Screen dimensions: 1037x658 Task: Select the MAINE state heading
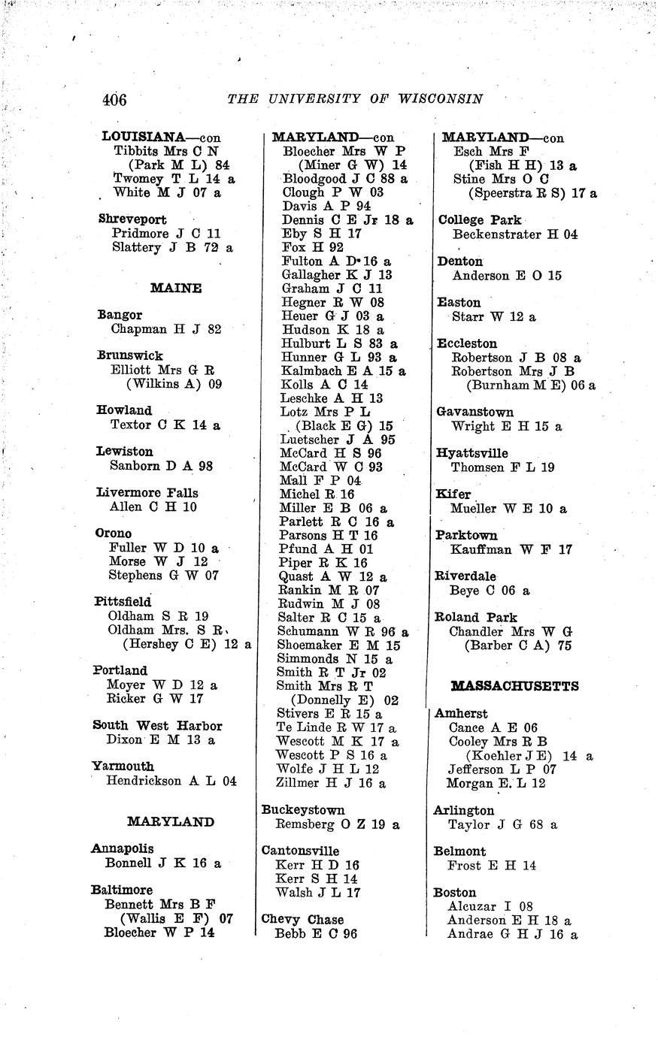(x=176, y=288)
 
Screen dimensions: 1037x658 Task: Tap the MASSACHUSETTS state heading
(x=514, y=686)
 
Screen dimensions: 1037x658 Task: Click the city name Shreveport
(x=132, y=219)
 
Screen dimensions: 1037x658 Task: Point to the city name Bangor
(x=120, y=315)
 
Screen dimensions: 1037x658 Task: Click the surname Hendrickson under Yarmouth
(x=144, y=781)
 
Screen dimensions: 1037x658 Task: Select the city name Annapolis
(x=122, y=849)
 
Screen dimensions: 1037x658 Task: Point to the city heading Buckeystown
(x=303, y=810)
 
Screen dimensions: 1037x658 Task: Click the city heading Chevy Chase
(x=302, y=920)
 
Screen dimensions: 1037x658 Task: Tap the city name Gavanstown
(x=475, y=412)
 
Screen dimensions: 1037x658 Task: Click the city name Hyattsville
(x=472, y=453)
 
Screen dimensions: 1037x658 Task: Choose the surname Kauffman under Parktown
(x=481, y=549)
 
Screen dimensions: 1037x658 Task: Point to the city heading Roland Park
(x=476, y=618)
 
